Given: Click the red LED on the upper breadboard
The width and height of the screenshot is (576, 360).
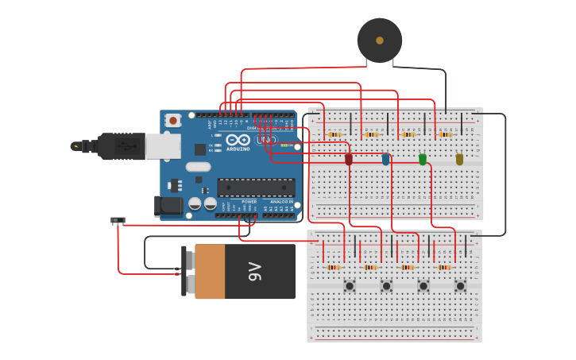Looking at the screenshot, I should point(348,159).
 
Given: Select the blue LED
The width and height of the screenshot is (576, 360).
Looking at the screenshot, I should point(385,159).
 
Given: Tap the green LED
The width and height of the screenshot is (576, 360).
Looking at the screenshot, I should point(423,159).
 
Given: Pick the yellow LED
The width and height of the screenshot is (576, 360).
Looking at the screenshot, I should point(459,159).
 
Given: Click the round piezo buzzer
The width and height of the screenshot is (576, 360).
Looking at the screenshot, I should point(379,40).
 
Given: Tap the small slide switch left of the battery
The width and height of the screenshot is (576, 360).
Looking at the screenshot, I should point(118,220).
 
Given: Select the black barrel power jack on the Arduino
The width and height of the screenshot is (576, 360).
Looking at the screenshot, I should point(168,206).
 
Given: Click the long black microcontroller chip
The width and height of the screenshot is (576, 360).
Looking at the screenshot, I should point(256,188).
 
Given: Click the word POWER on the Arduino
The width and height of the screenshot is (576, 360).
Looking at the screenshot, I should point(249,202).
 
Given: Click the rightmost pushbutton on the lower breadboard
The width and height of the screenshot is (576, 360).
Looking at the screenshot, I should point(460,285).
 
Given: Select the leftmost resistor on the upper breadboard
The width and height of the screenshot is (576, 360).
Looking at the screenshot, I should point(334,134).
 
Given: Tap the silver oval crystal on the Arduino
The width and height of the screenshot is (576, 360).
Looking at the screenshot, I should point(199,167).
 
